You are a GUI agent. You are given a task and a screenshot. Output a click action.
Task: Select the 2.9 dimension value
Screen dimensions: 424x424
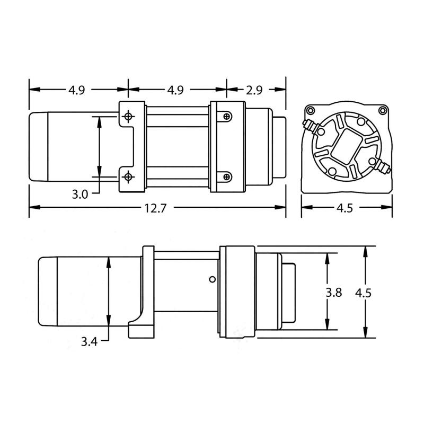pos(254,90)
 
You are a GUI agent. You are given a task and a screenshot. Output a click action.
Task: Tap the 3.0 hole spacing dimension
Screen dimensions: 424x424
pos(79,194)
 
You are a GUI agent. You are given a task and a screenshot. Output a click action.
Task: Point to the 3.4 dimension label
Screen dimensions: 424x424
pos(89,342)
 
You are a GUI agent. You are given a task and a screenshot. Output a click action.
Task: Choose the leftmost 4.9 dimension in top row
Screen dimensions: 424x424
pos(76,90)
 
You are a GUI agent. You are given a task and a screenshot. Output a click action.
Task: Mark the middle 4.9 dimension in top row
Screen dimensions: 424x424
pos(175,90)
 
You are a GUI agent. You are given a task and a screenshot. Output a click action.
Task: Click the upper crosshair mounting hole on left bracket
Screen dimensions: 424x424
pos(128,116)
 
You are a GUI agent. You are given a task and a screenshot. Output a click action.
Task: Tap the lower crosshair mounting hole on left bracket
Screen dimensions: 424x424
pos(128,176)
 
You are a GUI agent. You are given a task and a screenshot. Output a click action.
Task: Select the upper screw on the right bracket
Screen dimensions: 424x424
pos(227,116)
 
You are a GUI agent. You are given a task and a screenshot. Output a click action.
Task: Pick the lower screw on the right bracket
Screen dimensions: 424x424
pos(227,176)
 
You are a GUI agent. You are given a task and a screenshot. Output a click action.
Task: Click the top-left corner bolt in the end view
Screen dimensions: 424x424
pos(308,111)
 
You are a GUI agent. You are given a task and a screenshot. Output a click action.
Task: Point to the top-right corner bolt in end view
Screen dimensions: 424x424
pos(383,111)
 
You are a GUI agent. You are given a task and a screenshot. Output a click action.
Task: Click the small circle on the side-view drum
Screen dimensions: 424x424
pos(211,279)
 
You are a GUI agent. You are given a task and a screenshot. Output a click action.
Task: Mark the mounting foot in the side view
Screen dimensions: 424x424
pos(141,329)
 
